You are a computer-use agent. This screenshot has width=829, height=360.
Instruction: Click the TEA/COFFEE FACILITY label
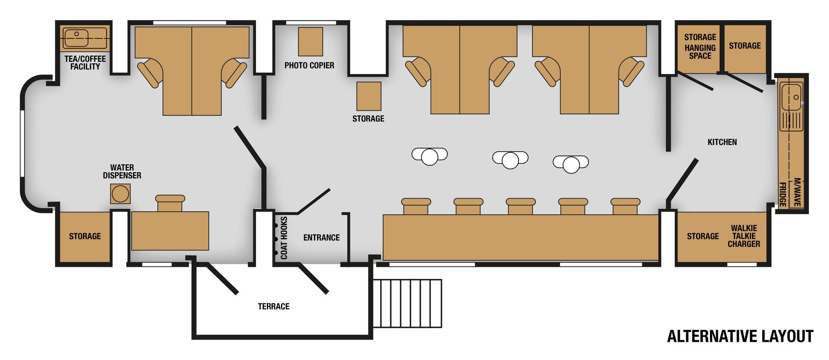point(85,63)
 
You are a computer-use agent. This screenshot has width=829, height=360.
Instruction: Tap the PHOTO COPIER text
point(309,66)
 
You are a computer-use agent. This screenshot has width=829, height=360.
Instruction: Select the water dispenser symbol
point(120,194)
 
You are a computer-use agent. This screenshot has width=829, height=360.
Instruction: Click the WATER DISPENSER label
point(122,171)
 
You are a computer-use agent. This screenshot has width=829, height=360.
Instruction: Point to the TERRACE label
point(274,306)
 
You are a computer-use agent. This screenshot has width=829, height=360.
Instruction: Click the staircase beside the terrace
point(407,303)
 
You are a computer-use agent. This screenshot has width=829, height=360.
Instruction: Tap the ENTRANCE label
point(321,238)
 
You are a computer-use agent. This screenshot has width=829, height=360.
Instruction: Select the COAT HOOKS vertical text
point(284,238)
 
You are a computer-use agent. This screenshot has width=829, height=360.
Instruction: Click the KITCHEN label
point(722,142)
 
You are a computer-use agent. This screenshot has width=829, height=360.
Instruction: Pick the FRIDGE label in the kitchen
point(782,194)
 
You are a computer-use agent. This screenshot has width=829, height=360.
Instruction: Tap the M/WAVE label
point(797,192)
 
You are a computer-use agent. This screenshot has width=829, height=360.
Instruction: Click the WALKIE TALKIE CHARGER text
point(744,236)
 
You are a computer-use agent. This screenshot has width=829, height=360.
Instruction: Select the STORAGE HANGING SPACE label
point(700,46)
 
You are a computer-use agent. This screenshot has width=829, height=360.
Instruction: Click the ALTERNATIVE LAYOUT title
point(740,336)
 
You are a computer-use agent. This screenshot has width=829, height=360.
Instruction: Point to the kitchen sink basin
point(792,97)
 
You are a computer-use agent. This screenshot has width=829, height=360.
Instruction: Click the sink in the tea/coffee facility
point(76,38)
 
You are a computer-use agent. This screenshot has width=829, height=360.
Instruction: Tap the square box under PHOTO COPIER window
point(310,42)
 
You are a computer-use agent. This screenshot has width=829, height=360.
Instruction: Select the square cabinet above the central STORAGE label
point(369,96)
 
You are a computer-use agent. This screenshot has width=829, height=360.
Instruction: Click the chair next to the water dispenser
point(170,203)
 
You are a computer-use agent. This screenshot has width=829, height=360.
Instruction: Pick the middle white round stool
point(510,159)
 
